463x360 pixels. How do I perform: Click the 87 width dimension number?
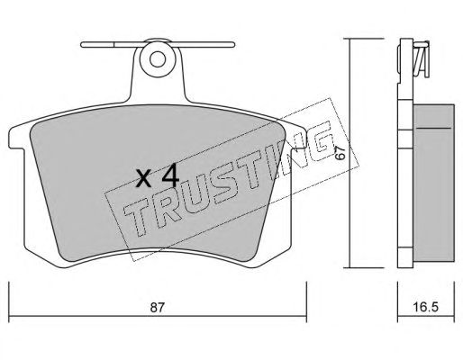(158, 307)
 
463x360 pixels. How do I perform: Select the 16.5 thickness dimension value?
(426, 307)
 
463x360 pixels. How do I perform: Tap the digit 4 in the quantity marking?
(170, 176)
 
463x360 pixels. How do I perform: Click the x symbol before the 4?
(143, 179)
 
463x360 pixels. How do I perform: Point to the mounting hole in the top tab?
(158, 59)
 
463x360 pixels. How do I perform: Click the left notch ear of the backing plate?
(16, 138)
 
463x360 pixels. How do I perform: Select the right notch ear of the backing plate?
(299, 137)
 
